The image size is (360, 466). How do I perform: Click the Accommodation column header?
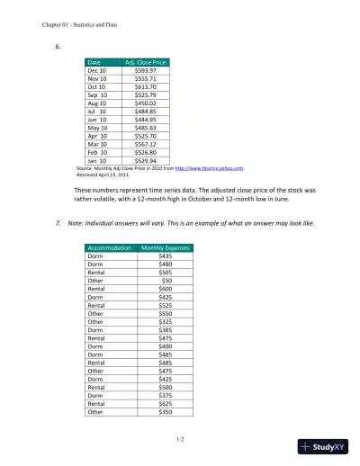(108, 247)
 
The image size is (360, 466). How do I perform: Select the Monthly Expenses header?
(165, 247)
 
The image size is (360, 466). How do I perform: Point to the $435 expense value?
(165, 256)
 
